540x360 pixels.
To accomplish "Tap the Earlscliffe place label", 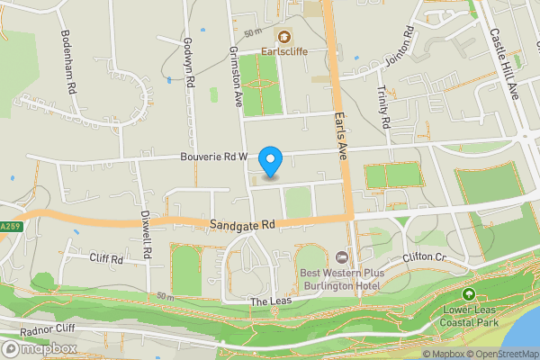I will (284, 51).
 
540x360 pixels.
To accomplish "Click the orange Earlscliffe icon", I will (284, 37).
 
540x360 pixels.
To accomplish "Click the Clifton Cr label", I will (426, 257).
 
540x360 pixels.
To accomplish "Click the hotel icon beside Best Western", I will (341, 257).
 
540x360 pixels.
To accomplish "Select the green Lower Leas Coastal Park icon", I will (468, 294).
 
